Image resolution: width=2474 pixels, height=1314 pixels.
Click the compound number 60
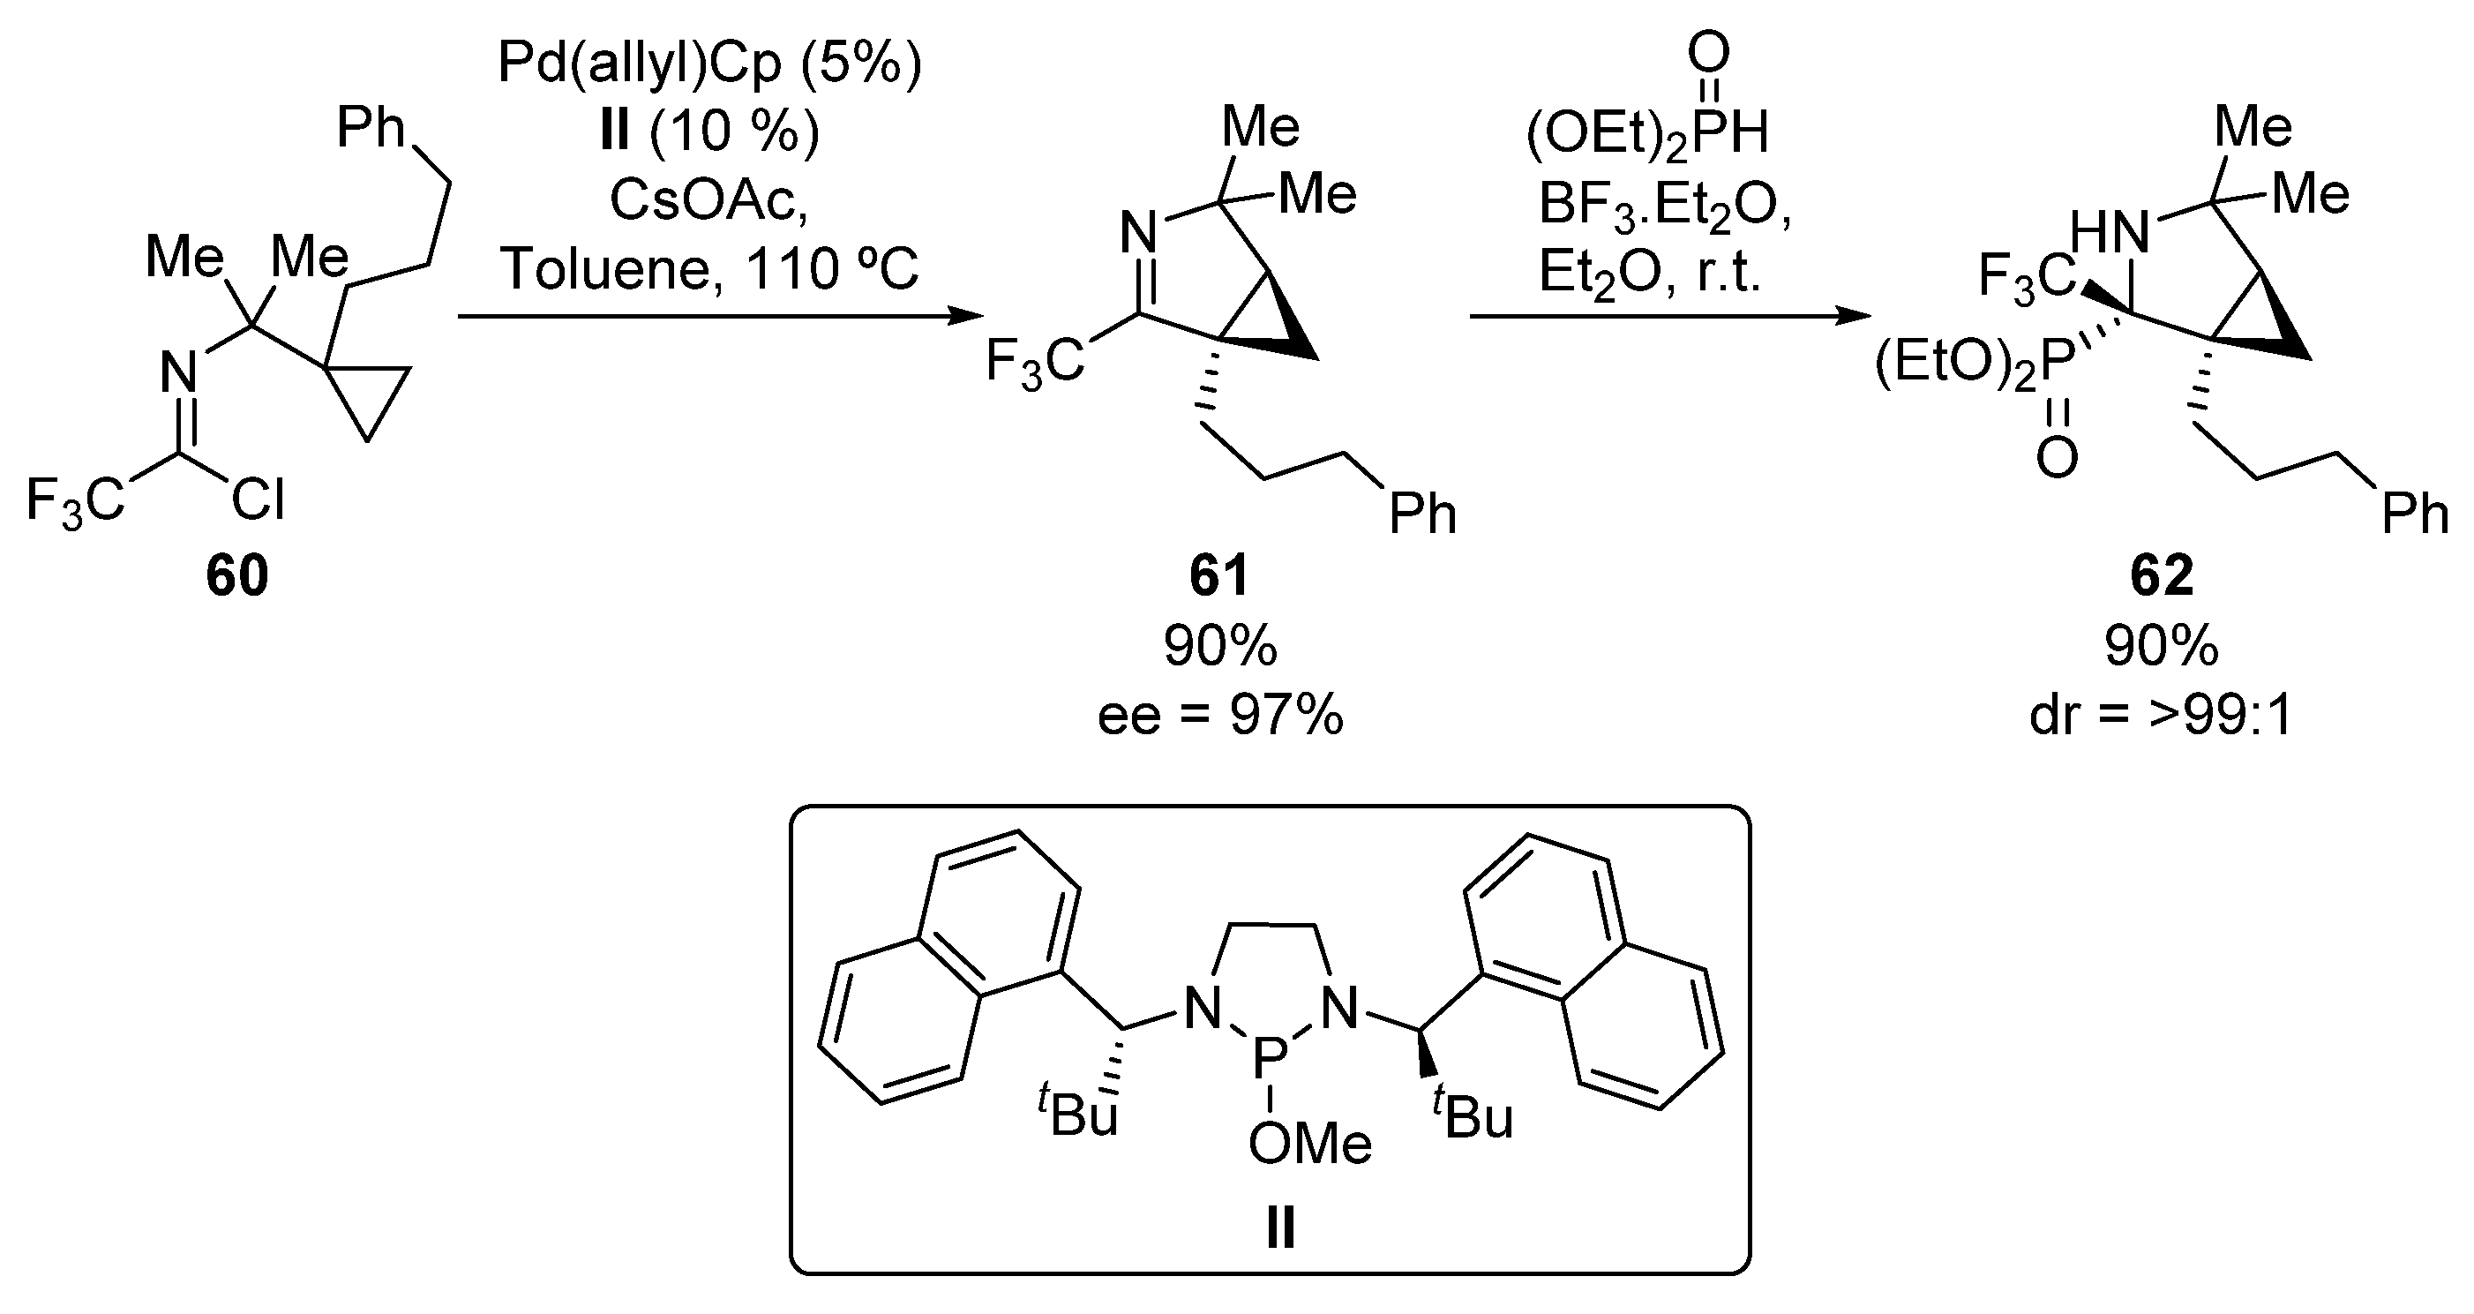pos(237,575)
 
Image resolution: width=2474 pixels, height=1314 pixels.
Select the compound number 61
pos(1219,575)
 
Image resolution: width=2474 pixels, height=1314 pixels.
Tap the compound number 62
pos(2161,575)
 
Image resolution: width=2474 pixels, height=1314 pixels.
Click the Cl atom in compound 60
pos(259,499)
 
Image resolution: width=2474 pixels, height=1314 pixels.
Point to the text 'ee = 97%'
pos(1219,716)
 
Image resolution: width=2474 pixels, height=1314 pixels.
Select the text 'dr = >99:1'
pos(2161,716)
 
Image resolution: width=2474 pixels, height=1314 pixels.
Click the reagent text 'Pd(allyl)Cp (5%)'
pos(708,64)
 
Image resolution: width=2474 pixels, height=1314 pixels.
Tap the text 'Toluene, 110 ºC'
pos(708,268)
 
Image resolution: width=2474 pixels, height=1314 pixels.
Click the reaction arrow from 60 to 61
pos(720,316)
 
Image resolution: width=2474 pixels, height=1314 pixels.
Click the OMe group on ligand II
pos(1310,1144)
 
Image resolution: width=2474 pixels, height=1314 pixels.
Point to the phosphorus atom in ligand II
pos(1270,1060)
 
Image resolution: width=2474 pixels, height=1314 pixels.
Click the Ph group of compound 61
pos(1422,514)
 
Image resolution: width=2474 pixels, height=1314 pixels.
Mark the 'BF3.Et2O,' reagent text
pos(1664,205)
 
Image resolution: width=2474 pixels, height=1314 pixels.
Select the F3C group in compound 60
pos(75,499)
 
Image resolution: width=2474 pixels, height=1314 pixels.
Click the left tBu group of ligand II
pos(1077,1114)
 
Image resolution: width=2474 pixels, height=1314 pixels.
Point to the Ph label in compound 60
pos(371,128)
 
